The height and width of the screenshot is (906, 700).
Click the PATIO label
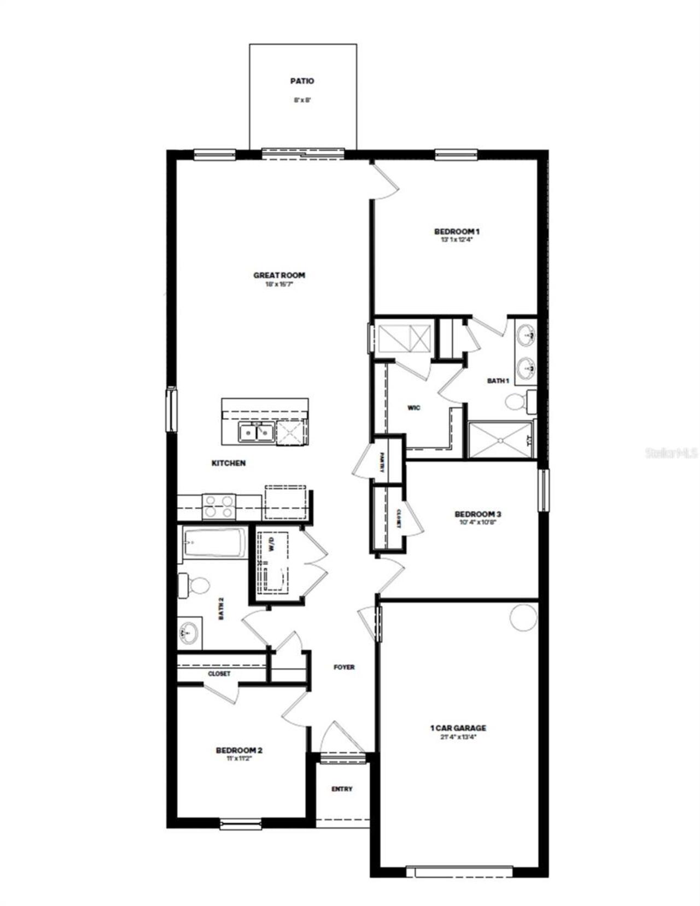point(302,81)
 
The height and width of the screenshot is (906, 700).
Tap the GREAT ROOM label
point(279,275)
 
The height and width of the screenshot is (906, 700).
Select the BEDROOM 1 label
point(457,231)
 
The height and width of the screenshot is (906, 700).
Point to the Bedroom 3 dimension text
point(477,522)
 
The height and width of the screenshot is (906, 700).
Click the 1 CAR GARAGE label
point(458,728)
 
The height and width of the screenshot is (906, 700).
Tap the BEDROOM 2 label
point(240,750)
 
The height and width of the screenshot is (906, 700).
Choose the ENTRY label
point(342,789)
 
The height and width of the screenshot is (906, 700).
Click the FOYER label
point(344,667)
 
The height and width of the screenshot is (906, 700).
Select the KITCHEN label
point(229,463)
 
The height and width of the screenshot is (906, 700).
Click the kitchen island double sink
point(256,432)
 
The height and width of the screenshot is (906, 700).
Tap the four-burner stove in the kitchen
point(219,506)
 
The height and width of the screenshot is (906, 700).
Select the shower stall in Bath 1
point(500,440)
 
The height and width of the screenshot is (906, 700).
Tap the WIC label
point(413,407)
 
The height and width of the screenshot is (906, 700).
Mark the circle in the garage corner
point(523,617)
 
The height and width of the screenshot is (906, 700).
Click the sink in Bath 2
point(188,634)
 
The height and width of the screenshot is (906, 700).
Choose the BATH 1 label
point(498,381)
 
